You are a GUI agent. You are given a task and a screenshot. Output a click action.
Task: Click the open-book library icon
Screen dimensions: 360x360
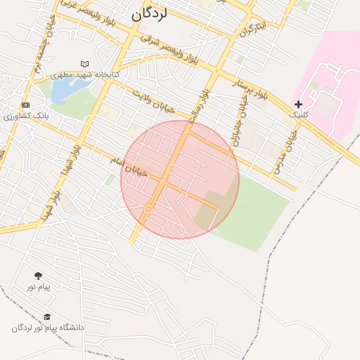86,64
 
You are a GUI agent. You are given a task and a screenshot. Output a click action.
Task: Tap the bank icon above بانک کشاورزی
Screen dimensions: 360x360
25,105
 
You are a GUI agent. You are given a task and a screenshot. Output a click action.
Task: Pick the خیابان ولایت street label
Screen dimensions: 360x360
153,99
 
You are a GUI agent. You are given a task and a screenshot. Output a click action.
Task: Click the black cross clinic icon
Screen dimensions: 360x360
298,104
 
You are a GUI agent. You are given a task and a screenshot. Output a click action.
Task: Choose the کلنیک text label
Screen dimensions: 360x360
298,114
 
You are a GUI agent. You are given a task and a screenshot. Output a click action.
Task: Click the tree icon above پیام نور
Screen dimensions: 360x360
37,276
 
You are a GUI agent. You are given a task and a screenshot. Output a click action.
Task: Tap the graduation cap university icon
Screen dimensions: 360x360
47,317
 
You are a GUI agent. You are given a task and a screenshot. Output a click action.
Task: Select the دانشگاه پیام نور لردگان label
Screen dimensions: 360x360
48,328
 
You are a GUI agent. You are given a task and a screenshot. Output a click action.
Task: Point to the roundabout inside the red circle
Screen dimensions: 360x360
149,208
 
